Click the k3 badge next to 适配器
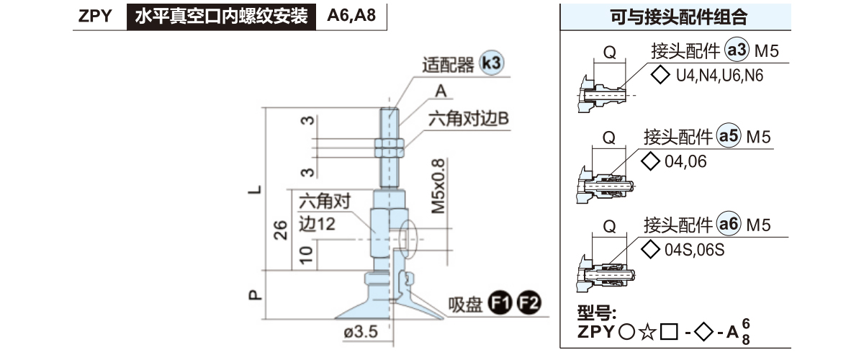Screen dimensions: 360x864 point(491,64)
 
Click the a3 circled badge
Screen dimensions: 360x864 point(736,51)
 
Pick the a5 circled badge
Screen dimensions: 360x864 point(730,137)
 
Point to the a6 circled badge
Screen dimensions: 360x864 point(730,225)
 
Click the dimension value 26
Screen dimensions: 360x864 point(282,230)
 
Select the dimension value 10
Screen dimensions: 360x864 point(305,253)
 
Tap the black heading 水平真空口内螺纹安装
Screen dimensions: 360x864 point(221,16)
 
